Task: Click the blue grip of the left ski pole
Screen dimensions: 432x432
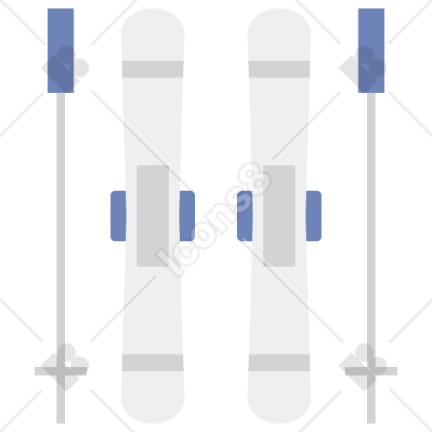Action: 61,51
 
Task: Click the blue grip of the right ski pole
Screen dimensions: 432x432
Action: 371,51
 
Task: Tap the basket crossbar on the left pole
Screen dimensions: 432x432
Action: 61,371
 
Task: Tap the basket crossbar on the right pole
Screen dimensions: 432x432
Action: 371,371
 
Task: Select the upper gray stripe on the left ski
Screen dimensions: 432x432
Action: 153,69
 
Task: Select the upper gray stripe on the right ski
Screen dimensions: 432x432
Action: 279,69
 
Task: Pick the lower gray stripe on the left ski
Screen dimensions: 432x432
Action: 153,363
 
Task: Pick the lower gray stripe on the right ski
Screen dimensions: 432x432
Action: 279,363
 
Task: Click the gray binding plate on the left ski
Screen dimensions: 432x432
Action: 153,216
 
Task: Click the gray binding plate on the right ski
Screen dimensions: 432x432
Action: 279,216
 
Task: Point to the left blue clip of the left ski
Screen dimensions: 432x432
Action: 118,216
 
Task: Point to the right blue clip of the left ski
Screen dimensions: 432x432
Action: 187,216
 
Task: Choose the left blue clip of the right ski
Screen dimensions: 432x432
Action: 245,216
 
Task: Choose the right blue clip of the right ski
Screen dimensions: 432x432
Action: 314,216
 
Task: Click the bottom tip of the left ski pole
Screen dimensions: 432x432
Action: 61,423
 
